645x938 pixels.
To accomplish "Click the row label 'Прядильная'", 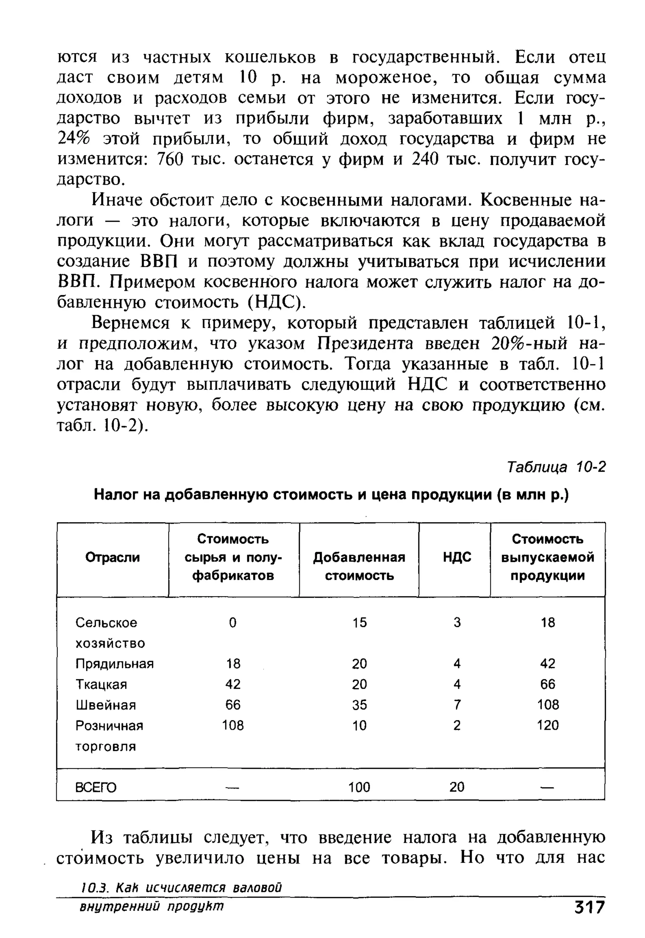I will (x=114, y=663).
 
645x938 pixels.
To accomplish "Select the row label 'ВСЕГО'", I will (x=96, y=787).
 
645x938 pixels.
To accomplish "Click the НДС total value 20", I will (x=457, y=787).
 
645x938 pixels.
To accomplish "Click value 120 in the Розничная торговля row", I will (x=548, y=725).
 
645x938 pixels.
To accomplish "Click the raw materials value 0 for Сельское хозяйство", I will (x=232, y=622).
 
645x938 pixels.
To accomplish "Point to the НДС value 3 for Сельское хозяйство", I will (x=457, y=622).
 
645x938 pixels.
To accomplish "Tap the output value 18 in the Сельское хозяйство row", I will (x=548, y=622).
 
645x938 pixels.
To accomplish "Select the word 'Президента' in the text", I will (x=365, y=344).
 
